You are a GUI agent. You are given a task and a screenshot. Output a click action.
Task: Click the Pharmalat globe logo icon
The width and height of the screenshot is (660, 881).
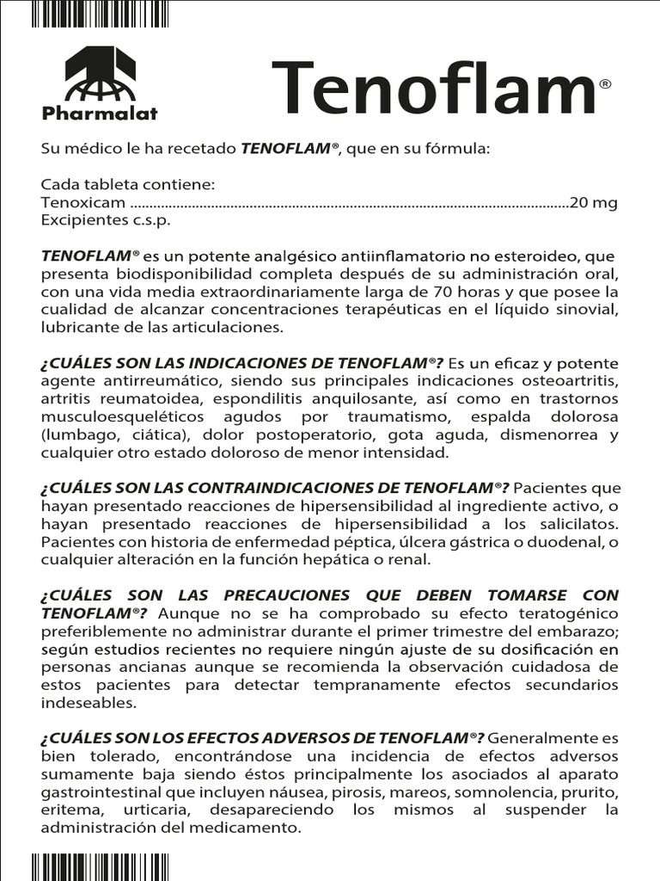[x=100, y=73]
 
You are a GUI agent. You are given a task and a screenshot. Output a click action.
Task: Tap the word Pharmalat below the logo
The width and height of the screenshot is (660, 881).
[x=100, y=112]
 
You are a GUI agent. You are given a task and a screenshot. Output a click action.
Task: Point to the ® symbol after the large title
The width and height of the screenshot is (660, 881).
[x=605, y=84]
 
